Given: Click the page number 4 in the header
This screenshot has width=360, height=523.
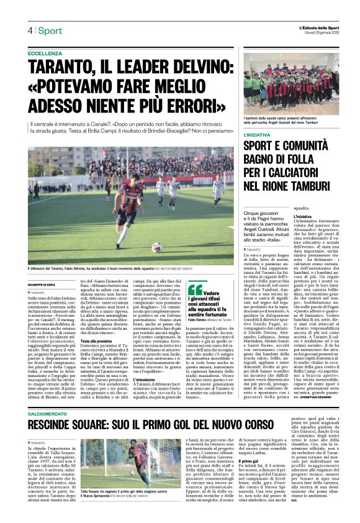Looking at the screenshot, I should tap(29, 30).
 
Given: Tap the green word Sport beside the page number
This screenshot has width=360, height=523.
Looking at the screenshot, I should tap(49, 30).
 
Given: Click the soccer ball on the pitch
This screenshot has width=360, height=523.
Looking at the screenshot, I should tap(156, 247).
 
